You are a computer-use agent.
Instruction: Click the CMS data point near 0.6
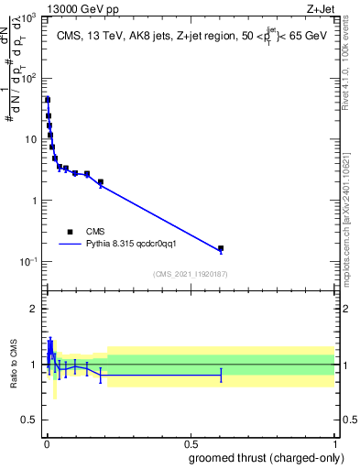tap(221, 248)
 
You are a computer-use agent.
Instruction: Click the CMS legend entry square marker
tap(70, 232)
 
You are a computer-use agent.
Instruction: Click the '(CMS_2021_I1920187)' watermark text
tap(190, 274)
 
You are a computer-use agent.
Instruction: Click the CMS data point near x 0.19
tap(101, 181)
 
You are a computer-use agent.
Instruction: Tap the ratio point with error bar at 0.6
tap(221, 376)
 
